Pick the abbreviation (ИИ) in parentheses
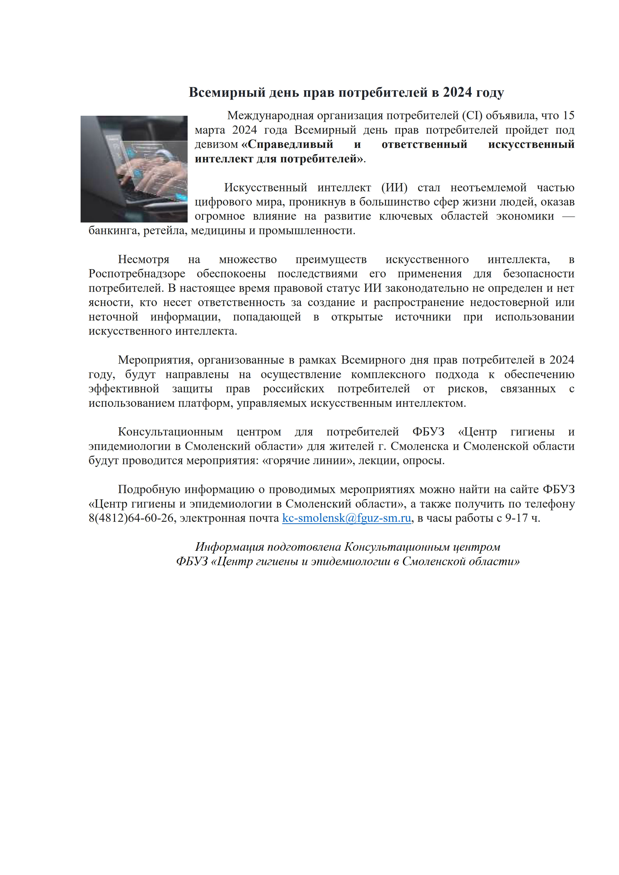click(x=394, y=188)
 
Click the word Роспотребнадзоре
click(x=137, y=274)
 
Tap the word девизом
click(x=216, y=144)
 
